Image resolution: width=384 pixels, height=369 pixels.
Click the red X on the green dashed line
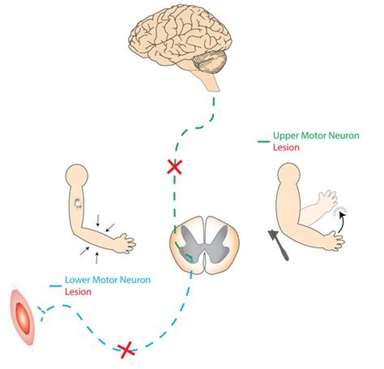point(173,168)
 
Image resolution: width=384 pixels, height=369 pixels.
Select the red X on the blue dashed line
point(126,350)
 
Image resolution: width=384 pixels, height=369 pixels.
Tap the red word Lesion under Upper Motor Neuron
point(286,147)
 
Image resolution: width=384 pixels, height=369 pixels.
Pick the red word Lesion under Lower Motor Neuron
point(77,292)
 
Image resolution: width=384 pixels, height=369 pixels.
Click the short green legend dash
point(263,142)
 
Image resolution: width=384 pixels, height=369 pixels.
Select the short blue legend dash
point(55,286)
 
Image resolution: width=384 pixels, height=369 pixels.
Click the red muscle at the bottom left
point(22,319)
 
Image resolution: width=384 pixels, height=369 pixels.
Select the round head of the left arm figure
point(76,175)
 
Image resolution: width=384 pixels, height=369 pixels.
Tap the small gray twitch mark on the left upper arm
point(78,203)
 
